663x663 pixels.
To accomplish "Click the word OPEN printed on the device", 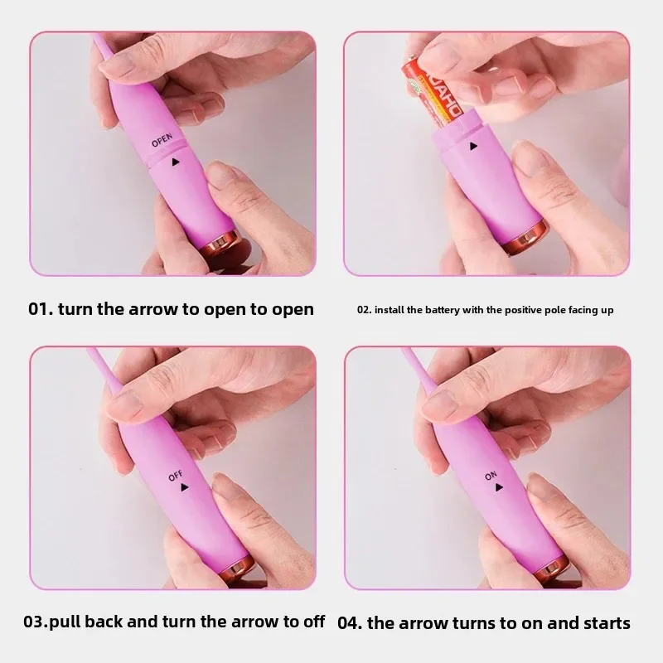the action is [x=162, y=140].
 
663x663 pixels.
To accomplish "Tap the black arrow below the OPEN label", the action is [x=176, y=162].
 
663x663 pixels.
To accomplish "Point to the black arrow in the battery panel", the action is [x=473, y=147].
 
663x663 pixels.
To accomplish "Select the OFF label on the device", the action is [x=175, y=476].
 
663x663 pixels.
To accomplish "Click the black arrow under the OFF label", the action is [x=184, y=487].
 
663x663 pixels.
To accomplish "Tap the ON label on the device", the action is [x=491, y=476].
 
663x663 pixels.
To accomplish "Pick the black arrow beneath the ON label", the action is [x=499, y=487].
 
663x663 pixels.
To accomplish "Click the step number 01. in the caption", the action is [x=41, y=309].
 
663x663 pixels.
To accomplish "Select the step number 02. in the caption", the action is [x=365, y=310].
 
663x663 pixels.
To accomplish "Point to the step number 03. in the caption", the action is [x=36, y=622].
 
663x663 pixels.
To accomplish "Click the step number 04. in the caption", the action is [x=350, y=623].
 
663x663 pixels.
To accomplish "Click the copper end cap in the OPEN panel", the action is [x=220, y=245].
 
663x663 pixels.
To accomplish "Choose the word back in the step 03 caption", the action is [x=104, y=622].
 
